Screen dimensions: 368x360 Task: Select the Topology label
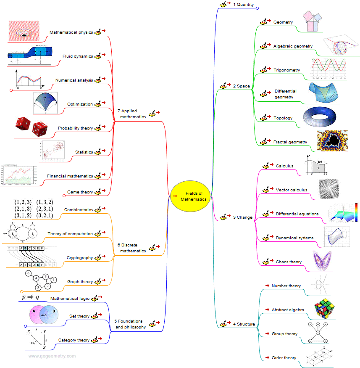pos(283,118)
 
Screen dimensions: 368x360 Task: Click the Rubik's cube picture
pos(327,308)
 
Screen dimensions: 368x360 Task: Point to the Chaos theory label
pos(289,262)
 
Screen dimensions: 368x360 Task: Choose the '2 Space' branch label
pos(241,86)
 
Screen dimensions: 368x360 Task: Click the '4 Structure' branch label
pos(244,324)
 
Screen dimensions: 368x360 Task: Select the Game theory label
pos(80,192)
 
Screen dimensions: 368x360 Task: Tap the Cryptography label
pos(80,258)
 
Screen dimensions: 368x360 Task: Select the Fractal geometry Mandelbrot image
pos(332,140)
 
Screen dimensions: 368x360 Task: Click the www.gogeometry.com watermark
pos(52,356)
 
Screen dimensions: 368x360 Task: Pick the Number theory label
pos(286,286)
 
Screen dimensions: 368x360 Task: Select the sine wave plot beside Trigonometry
pos(328,69)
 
